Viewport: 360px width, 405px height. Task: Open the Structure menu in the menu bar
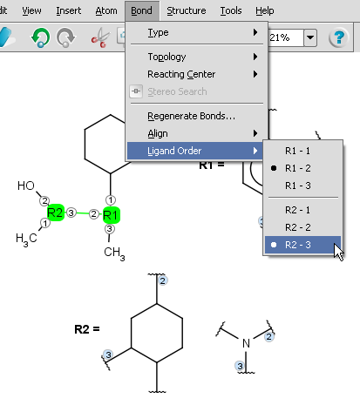[187, 10]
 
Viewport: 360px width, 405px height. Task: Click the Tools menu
[231, 10]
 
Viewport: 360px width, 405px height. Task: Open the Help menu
[265, 10]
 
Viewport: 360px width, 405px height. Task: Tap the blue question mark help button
[338, 37]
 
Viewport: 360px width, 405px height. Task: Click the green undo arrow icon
[40, 37]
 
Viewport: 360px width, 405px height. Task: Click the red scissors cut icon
[100, 37]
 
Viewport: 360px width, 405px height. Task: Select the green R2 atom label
[55, 213]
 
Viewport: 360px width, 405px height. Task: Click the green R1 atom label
[111, 215]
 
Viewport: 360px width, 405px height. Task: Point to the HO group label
[26, 186]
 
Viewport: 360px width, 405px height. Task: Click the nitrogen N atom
[246, 343]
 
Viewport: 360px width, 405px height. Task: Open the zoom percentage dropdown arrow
[310, 37]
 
